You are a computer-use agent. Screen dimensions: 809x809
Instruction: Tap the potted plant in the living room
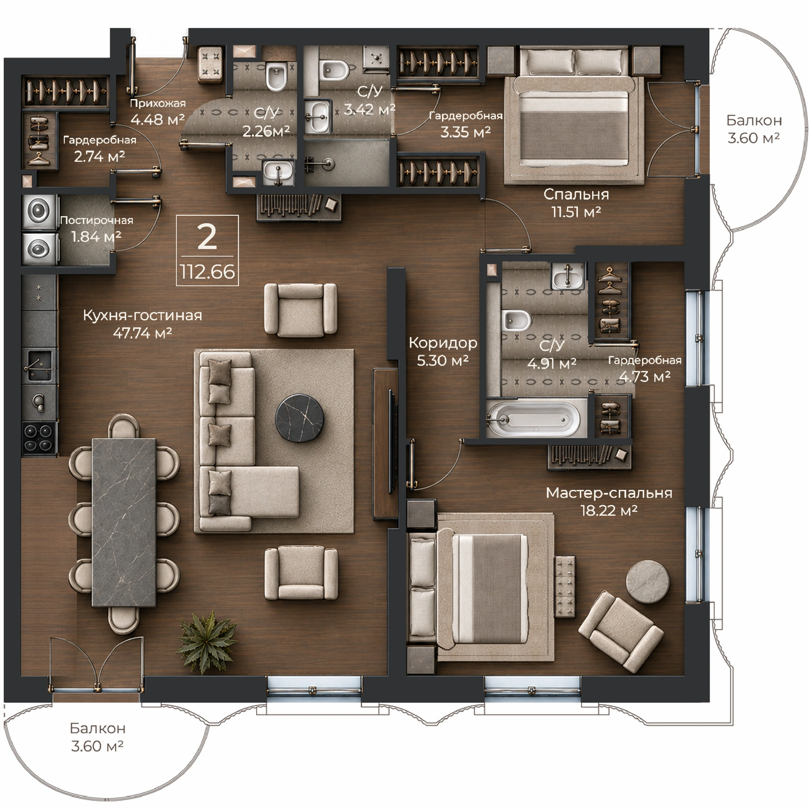point(206,642)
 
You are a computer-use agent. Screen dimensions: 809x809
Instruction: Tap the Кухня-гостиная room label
point(142,315)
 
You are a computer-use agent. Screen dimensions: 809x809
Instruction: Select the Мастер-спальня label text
point(609,493)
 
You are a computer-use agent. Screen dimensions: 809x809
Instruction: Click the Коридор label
point(443,343)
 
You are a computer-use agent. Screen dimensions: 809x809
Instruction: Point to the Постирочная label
point(96,220)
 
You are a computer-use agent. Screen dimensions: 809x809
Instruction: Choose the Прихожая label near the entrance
point(157,103)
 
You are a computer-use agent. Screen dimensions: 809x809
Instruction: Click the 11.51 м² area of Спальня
point(576,212)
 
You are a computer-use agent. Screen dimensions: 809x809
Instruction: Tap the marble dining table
point(124,522)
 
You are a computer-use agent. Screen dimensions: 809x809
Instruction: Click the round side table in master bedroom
point(647,582)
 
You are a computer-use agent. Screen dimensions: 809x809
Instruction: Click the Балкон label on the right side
point(754,120)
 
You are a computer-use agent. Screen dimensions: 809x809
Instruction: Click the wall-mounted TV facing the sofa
point(391,441)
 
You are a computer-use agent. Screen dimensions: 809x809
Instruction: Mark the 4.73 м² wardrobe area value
point(645,376)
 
